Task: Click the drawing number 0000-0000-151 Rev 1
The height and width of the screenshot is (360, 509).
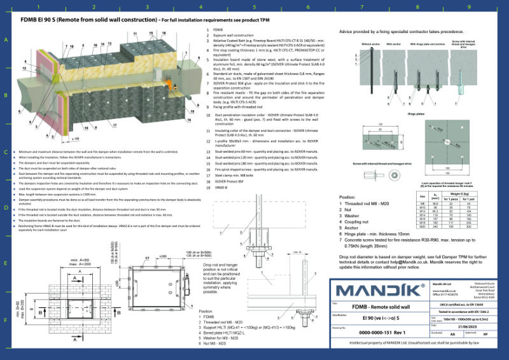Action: point(382,332)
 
